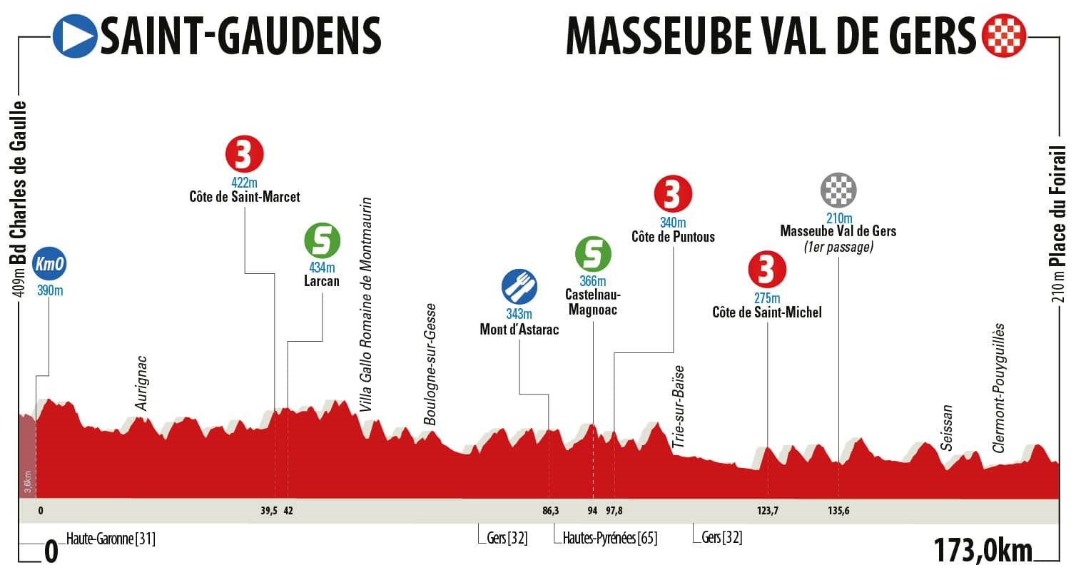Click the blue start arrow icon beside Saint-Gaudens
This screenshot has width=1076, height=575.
pyautogui.click(x=75, y=36)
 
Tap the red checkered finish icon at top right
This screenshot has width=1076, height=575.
pyautogui.click(x=1004, y=36)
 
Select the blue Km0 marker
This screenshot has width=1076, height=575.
pyautogui.click(x=49, y=264)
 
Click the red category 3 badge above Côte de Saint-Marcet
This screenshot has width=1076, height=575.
pyautogui.click(x=245, y=153)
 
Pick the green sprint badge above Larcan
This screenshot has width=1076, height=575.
pyautogui.click(x=322, y=241)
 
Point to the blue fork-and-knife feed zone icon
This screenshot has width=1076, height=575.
pyautogui.click(x=519, y=287)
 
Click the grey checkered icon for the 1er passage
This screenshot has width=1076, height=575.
pyautogui.click(x=838, y=189)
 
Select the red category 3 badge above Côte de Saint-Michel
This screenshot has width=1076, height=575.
pyautogui.click(x=766, y=270)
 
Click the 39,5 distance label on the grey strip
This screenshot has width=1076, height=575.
pyautogui.click(x=269, y=511)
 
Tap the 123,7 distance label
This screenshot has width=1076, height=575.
pyautogui.click(x=768, y=511)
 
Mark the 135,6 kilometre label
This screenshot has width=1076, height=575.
pyautogui.click(x=839, y=511)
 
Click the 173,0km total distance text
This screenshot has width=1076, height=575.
pyautogui.click(x=983, y=551)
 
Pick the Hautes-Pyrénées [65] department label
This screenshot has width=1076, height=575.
pyautogui.click(x=609, y=538)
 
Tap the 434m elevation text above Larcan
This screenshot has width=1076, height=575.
pyautogui.click(x=322, y=268)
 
